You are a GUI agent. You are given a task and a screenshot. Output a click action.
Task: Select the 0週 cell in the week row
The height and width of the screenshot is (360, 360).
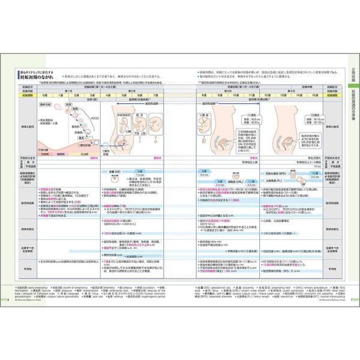click(x=44, y=95)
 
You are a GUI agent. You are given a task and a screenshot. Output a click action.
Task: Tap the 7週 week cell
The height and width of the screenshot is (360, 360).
click(x=155, y=95)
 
